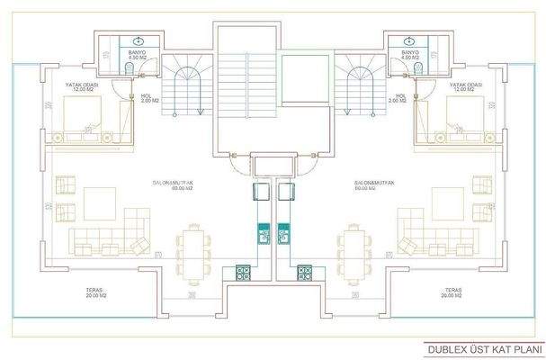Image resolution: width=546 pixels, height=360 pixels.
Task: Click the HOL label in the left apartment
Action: tap(145, 94)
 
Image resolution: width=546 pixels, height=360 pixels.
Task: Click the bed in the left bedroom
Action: tap(85, 116)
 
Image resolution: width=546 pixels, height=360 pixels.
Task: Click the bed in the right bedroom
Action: tap(460, 116)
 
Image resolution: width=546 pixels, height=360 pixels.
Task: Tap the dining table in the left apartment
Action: tap(191, 249)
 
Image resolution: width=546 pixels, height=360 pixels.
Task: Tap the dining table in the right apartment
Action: tap(354, 249)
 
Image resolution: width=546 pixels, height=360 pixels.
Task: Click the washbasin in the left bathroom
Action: tap(137, 40)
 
